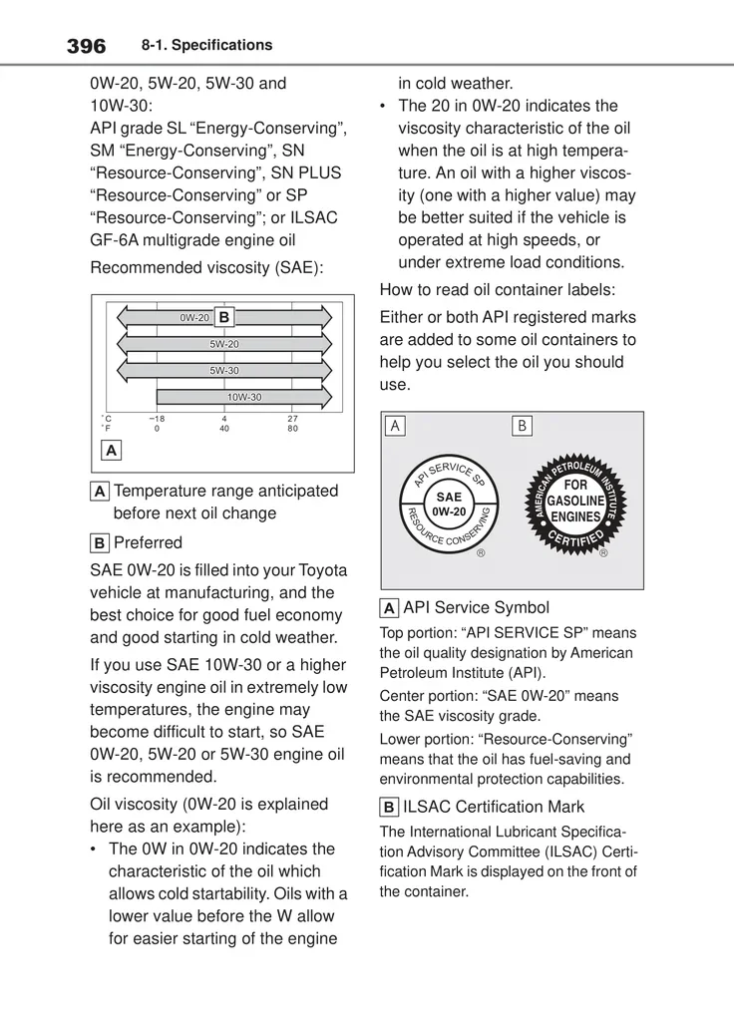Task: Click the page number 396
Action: point(86,46)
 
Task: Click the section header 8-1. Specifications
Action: point(206,46)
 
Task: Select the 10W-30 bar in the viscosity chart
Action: point(242,398)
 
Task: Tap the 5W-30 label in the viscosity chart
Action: point(224,371)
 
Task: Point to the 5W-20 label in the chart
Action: point(224,344)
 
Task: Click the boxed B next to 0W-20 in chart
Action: point(224,317)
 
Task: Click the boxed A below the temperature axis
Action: point(110,450)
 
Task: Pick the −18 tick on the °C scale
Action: point(158,419)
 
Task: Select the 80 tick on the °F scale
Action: point(292,429)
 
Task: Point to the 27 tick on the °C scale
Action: point(292,419)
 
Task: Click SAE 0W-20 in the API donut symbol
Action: point(450,504)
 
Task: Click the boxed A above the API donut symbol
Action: point(395,426)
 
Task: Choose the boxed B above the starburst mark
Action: point(522,426)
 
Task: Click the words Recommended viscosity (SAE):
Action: point(207,268)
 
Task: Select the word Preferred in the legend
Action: point(148,542)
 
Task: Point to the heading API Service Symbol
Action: point(476,607)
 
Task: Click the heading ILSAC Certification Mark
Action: point(494,807)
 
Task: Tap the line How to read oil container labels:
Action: point(498,290)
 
